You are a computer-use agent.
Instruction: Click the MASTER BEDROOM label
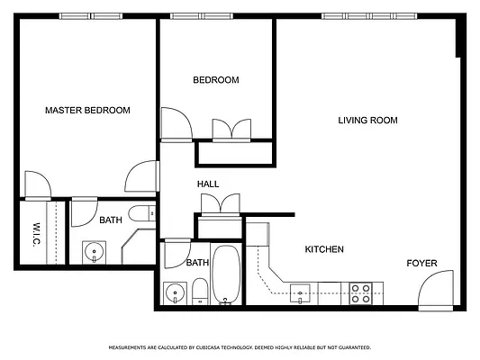87,111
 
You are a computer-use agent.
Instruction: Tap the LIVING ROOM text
367,121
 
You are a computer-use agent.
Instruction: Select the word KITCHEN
324,249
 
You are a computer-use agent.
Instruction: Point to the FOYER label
421,264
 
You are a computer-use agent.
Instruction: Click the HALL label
208,184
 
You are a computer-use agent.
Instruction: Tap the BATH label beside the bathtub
197,263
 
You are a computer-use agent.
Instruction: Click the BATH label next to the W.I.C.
111,220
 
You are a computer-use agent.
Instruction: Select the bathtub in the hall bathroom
226,275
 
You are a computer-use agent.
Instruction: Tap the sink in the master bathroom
93,251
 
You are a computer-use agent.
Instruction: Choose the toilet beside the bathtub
200,291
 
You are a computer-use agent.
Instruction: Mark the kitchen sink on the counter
302,291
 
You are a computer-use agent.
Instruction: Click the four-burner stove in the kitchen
361,291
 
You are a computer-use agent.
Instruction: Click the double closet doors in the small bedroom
232,130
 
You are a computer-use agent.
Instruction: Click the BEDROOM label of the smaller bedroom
216,80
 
